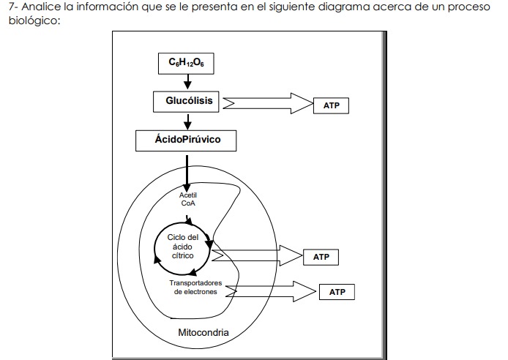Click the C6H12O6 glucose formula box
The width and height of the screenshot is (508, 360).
pos(186,64)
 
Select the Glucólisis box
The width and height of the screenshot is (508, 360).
pos(186,102)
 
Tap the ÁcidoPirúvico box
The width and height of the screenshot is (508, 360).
pos(186,140)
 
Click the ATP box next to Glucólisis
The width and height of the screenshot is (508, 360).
pos(331,105)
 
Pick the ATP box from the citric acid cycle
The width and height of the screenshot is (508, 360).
pos(321,257)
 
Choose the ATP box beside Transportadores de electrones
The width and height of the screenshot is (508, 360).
pos(337,292)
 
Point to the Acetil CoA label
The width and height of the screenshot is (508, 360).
pos(188,199)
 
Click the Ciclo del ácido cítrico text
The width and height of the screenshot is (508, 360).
pos(183,247)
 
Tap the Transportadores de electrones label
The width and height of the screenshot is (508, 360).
pos(195,287)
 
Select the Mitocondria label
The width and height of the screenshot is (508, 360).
pos(203,332)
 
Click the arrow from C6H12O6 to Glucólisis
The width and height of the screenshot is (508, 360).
pos(187,82)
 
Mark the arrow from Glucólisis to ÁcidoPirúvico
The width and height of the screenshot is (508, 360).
pos(187,121)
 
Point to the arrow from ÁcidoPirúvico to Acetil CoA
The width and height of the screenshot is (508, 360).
pos(187,174)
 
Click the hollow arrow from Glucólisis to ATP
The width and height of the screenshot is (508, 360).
pos(268,103)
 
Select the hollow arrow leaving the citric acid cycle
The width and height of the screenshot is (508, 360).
pos(257,255)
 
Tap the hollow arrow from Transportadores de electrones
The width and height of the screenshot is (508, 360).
pos(271,291)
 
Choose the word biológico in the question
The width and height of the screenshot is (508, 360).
pos(34,21)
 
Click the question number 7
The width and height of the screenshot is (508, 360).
pos(12,7)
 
